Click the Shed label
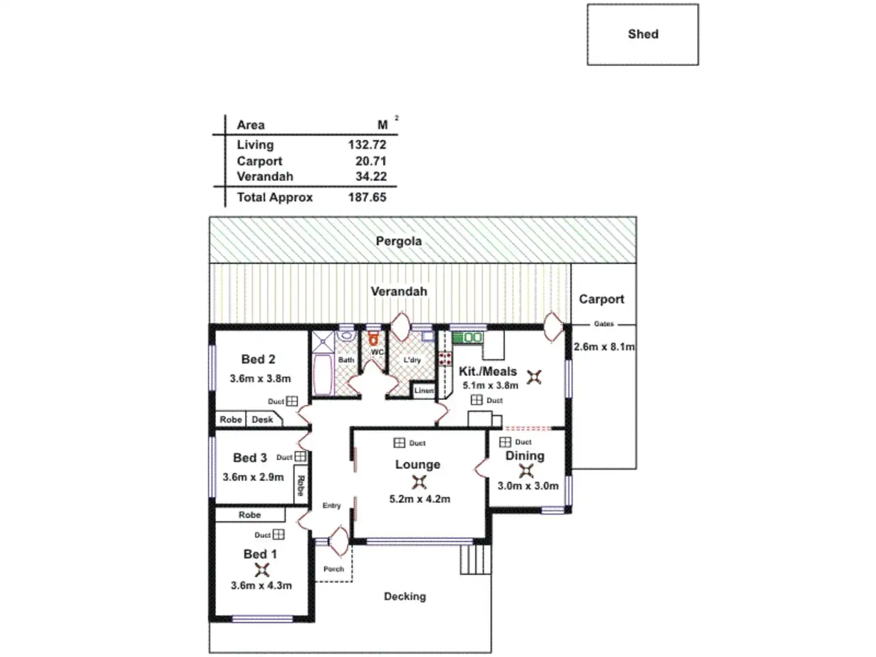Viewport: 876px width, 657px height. point(643,35)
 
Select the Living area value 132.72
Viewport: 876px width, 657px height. point(367,145)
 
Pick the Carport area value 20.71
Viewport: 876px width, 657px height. point(371,161)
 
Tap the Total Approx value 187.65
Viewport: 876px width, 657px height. point(367,197)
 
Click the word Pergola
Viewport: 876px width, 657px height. point(399,242)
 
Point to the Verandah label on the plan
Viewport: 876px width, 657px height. point(399,291)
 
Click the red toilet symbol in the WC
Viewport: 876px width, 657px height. point(373,339)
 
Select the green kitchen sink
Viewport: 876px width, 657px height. point(468,337)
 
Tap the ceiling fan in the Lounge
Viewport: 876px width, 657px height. point(418,482)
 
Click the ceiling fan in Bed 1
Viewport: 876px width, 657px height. point(262,570)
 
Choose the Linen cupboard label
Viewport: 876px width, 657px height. point(424,390)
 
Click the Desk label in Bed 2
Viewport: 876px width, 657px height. point(262,420)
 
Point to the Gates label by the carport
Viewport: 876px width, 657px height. point(603,324)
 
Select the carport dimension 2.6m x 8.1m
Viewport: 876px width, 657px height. point(604,347)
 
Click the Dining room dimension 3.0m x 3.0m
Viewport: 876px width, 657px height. point(528,486)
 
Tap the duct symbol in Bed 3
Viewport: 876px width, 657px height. point(301,456)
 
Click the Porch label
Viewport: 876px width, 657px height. point(334,570)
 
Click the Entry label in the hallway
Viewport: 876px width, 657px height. point(331,506)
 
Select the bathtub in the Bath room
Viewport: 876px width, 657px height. point(323,374)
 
